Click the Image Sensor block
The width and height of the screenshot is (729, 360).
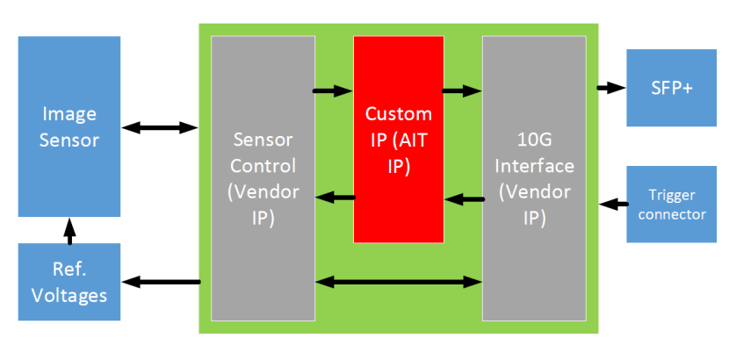[69, 126]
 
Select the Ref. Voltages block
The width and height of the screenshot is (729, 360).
[69, 283]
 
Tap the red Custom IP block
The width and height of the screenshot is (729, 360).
[398, 139]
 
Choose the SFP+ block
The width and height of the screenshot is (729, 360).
[671, 88]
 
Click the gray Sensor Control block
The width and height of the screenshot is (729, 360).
[263, 178]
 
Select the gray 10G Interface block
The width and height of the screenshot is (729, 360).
[534, 178]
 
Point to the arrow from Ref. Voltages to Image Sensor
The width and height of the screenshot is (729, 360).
[70, 230]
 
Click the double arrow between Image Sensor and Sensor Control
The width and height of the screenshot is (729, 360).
[160, 128]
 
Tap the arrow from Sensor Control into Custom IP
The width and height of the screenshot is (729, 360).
[333, 89]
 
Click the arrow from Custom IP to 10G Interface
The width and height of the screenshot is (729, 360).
[462, 89]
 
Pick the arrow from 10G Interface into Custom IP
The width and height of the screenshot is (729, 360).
[464, 199]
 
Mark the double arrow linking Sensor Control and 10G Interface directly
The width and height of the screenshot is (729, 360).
[398, 282]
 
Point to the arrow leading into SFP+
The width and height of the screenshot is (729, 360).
[610, 87]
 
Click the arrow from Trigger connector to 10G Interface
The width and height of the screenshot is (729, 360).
[612, 204]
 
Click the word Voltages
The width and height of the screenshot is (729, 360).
[69, 295]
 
